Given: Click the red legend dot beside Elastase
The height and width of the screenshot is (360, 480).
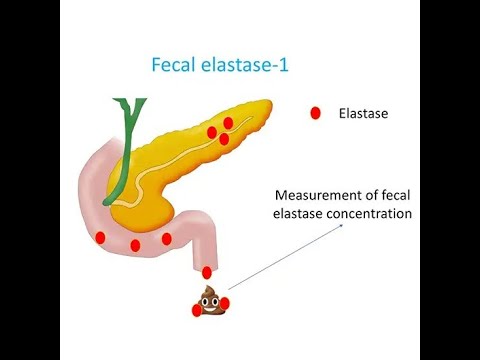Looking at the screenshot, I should coord(315,114).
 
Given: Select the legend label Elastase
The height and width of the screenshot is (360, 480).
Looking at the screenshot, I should coord(363,114).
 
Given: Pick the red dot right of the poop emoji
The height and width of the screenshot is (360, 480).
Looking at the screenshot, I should coord(224,302).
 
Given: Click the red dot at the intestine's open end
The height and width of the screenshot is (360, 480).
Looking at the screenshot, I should coord(207,272).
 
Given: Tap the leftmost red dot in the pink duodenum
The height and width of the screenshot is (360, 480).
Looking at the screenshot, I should coord(100,237).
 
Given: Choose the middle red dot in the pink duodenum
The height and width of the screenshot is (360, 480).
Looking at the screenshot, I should coord(135,245).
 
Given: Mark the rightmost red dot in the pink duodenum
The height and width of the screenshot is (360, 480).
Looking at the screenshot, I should coord(165,238).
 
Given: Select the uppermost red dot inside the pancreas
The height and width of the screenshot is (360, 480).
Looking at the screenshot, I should coord(228,123).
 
